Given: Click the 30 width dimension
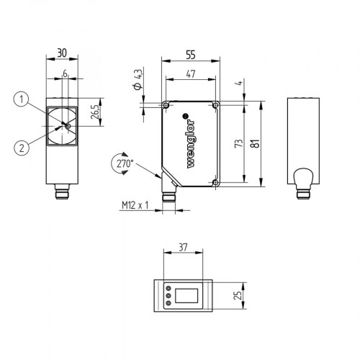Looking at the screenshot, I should click(x=62, y=53).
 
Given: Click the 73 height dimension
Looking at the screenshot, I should click(x=238, y=145).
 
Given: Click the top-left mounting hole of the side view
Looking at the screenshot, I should click(x=167, y=106).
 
